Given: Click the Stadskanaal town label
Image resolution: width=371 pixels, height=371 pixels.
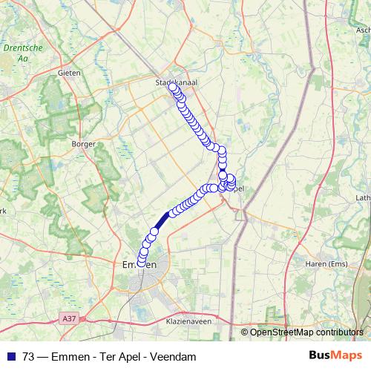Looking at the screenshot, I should [177, 82].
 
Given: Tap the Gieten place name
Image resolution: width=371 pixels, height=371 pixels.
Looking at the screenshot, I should [69, 73].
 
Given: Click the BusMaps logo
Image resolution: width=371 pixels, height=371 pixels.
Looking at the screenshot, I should [330, 356].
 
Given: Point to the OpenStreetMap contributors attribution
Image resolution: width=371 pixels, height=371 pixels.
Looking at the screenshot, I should [307, 332].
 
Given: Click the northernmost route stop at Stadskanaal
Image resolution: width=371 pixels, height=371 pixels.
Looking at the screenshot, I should [174, 88].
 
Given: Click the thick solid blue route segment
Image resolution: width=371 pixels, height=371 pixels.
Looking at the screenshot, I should [162, 219].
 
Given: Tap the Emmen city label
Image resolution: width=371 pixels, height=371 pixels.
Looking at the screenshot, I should [139, 264].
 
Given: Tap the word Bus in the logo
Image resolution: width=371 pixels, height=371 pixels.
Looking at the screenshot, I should [319, 356].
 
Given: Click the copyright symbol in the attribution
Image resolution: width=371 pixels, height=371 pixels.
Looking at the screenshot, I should [244, 332].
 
